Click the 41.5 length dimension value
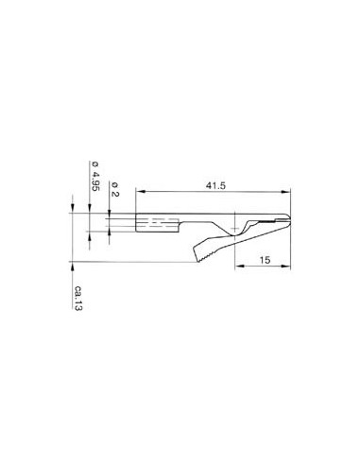215,187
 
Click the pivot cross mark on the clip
235,226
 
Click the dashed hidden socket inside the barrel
158,227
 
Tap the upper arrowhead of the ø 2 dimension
111,218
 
